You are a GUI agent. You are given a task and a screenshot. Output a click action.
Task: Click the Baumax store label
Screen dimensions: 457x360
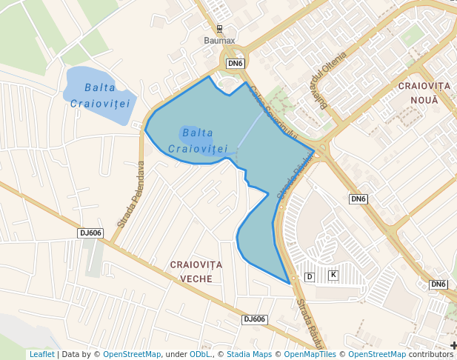(x=219, y=41)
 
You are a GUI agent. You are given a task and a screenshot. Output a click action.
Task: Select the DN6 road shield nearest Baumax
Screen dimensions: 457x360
(x=236, y=64)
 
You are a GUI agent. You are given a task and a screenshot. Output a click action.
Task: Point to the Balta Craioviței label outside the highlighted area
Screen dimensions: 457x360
(x=99, y=95)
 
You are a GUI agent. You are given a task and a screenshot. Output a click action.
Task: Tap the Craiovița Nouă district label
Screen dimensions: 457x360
(x=419, y=93)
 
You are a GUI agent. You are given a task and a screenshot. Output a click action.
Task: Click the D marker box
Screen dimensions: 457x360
(x=310, y=276)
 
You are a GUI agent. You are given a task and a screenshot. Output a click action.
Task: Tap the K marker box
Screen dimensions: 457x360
(x=333, y=275)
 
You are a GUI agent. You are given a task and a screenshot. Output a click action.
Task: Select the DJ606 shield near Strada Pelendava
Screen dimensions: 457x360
(x=90, y=233)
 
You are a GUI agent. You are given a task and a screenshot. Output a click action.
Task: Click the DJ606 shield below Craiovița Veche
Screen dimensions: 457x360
(x=254, y=319)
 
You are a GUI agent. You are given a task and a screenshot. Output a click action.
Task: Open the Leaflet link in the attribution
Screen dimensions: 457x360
(x=41, y=354)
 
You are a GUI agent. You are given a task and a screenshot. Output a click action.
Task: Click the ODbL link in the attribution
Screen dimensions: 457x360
(x=200, y=354)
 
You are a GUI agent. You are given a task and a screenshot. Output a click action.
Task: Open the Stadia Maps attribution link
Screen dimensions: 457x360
(x=249, y=354)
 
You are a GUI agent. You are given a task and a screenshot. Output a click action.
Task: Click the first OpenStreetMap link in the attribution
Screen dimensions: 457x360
(x=132, y=354)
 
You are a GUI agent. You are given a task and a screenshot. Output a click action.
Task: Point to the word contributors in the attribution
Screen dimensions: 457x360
(x=431, y=354)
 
